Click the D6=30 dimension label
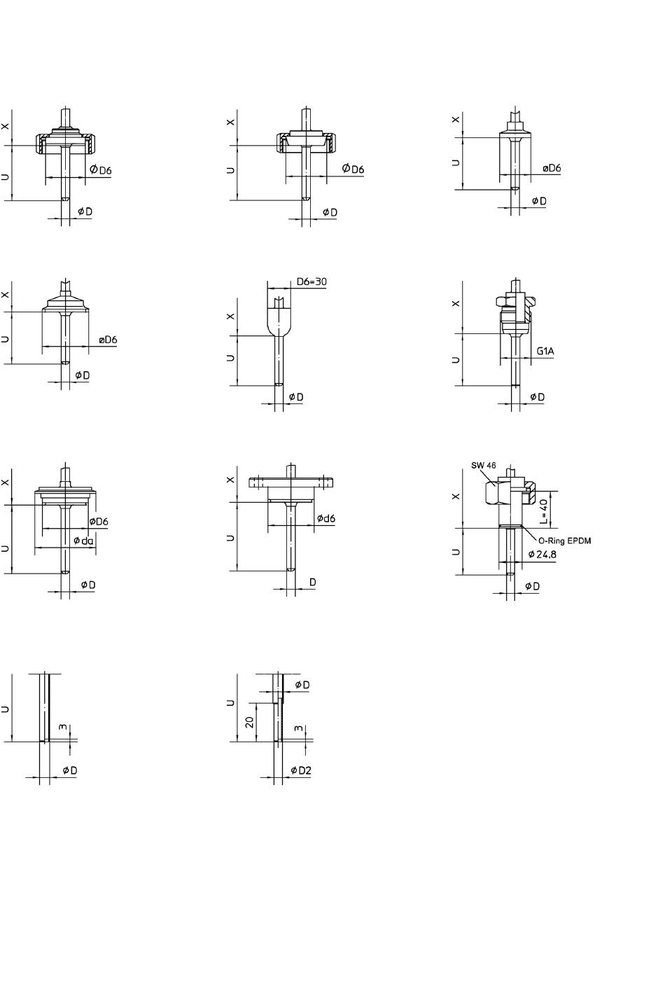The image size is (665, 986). [x=311, y=282]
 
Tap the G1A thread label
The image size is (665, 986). [x=546, y=350]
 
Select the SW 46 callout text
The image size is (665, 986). [x=484, y=466]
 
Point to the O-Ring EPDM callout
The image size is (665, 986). [x=564, y=541]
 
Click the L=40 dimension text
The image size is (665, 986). [x=544, y=511]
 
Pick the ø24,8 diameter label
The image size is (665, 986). [x=542, y=554]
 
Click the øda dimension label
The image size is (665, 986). [x=83, y=541]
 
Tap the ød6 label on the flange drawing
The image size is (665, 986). [x=325, y=518]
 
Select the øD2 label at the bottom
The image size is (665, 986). [x=301, y=770]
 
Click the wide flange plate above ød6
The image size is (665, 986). [x=290, y=482]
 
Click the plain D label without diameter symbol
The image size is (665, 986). [x=313, y=582]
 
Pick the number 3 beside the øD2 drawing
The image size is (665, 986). [x=299, y=729]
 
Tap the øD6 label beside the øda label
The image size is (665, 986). [x=99, y=522]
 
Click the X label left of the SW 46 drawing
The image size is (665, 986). [x=456, y=497]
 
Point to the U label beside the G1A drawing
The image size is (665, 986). [x=456, y=359]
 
